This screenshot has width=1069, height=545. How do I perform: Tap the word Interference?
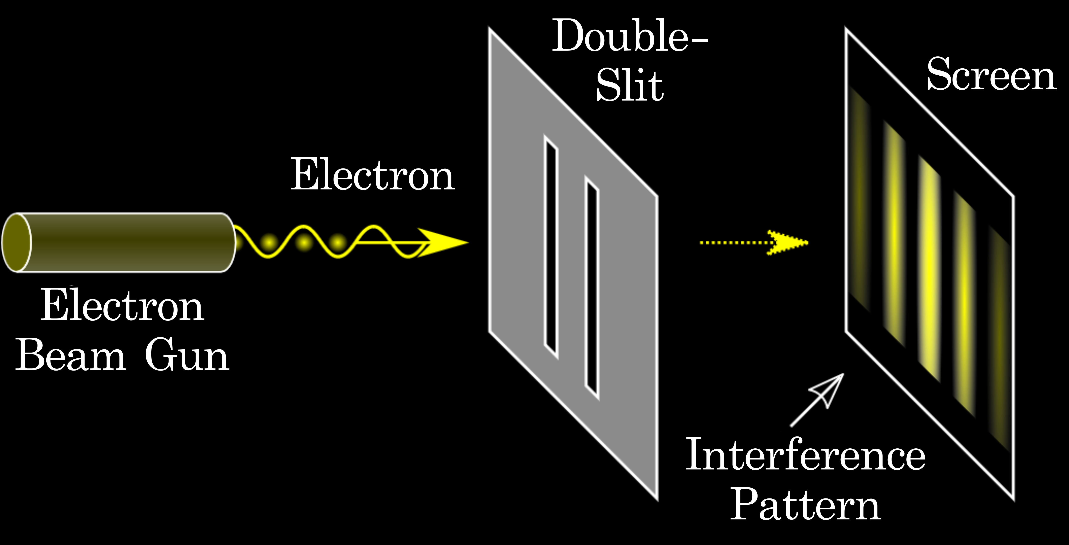point(805,455)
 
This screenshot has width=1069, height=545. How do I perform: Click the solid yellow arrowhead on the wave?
point(444,243)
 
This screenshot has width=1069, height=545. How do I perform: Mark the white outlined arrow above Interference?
point(820,398)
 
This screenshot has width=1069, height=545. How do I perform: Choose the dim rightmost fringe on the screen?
point(999,338)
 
